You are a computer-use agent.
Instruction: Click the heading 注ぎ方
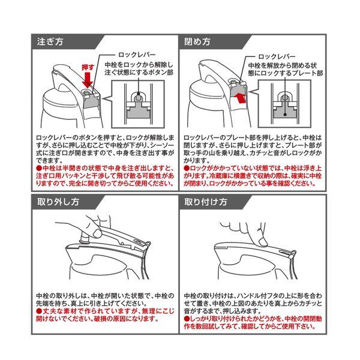pos(50,42)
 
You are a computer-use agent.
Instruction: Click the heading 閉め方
pos(197,42)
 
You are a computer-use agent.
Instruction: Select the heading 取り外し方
pos(58,202)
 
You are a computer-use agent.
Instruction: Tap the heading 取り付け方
pos(205,202)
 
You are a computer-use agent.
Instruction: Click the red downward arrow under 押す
pos(88,80)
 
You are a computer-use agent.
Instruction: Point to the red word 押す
pos(88,67)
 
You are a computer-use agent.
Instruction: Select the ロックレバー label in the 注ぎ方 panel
pos(137,55)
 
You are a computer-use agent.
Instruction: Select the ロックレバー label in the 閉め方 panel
pos(277,56)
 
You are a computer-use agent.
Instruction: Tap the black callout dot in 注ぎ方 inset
pos(139,94)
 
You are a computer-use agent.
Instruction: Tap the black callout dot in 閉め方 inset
pos(285,114)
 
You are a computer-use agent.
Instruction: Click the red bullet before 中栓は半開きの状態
pos(39,168)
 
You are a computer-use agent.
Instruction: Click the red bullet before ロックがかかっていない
pos(187,168)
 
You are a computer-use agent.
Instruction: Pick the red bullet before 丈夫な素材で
pos(39,311)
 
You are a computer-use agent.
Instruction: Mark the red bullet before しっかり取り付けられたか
pos(187,319)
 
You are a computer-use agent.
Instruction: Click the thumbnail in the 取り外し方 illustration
pos(97,234)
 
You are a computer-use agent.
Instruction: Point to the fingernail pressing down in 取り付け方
pos(263,242)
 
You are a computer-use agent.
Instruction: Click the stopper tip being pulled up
pos(84,238)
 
